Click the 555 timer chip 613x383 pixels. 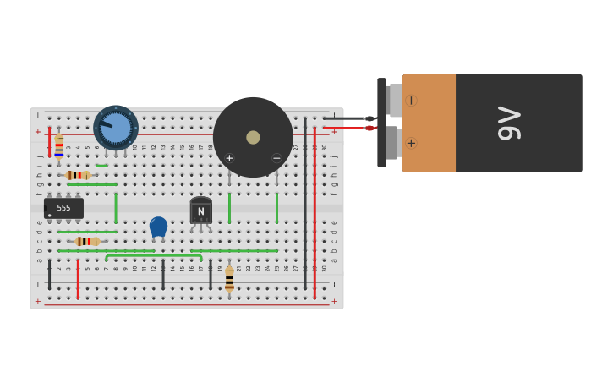(63, 208)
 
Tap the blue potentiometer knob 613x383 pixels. (116, 128)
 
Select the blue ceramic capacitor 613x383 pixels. (158, 226)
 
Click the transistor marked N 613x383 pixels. (201, 211)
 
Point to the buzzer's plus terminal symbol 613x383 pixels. (229, 158)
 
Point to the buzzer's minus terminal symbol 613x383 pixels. (276, 158)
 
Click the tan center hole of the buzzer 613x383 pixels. (253, 137)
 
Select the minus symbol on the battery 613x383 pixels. (411, 101)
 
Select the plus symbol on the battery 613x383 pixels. (411, 143)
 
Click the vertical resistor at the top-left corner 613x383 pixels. (58, 146)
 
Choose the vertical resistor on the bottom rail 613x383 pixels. (229, 279)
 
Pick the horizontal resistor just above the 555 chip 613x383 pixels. (78, 175)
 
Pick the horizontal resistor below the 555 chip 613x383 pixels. (87, 241)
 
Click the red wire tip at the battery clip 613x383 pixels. (369, 128)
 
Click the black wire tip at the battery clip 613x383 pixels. (369, 118)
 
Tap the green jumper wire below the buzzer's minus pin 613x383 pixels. (276, 208)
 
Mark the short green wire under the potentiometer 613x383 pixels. (101, 166)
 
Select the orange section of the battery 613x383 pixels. (430, 123)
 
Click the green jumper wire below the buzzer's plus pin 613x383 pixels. (229, 208)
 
